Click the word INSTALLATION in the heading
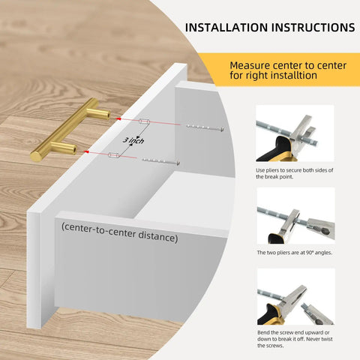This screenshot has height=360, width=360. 226,28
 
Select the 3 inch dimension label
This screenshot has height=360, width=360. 133,140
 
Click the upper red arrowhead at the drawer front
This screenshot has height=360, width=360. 118,118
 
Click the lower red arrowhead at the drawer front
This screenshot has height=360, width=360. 86,151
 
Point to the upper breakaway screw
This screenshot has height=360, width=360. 205,127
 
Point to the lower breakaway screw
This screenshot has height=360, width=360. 161,161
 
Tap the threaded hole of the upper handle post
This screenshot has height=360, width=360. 108,115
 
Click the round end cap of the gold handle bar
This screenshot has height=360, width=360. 35,157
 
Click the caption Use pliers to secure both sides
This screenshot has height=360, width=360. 294,173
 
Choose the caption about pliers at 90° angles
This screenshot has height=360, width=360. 295,253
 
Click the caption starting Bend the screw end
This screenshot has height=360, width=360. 295,339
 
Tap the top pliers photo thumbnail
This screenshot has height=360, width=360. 295,133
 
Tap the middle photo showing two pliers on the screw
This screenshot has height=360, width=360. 296,216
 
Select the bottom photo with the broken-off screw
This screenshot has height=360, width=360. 296,297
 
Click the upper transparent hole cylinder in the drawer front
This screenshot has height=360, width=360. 144,121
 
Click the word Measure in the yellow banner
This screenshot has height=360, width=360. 250,65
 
